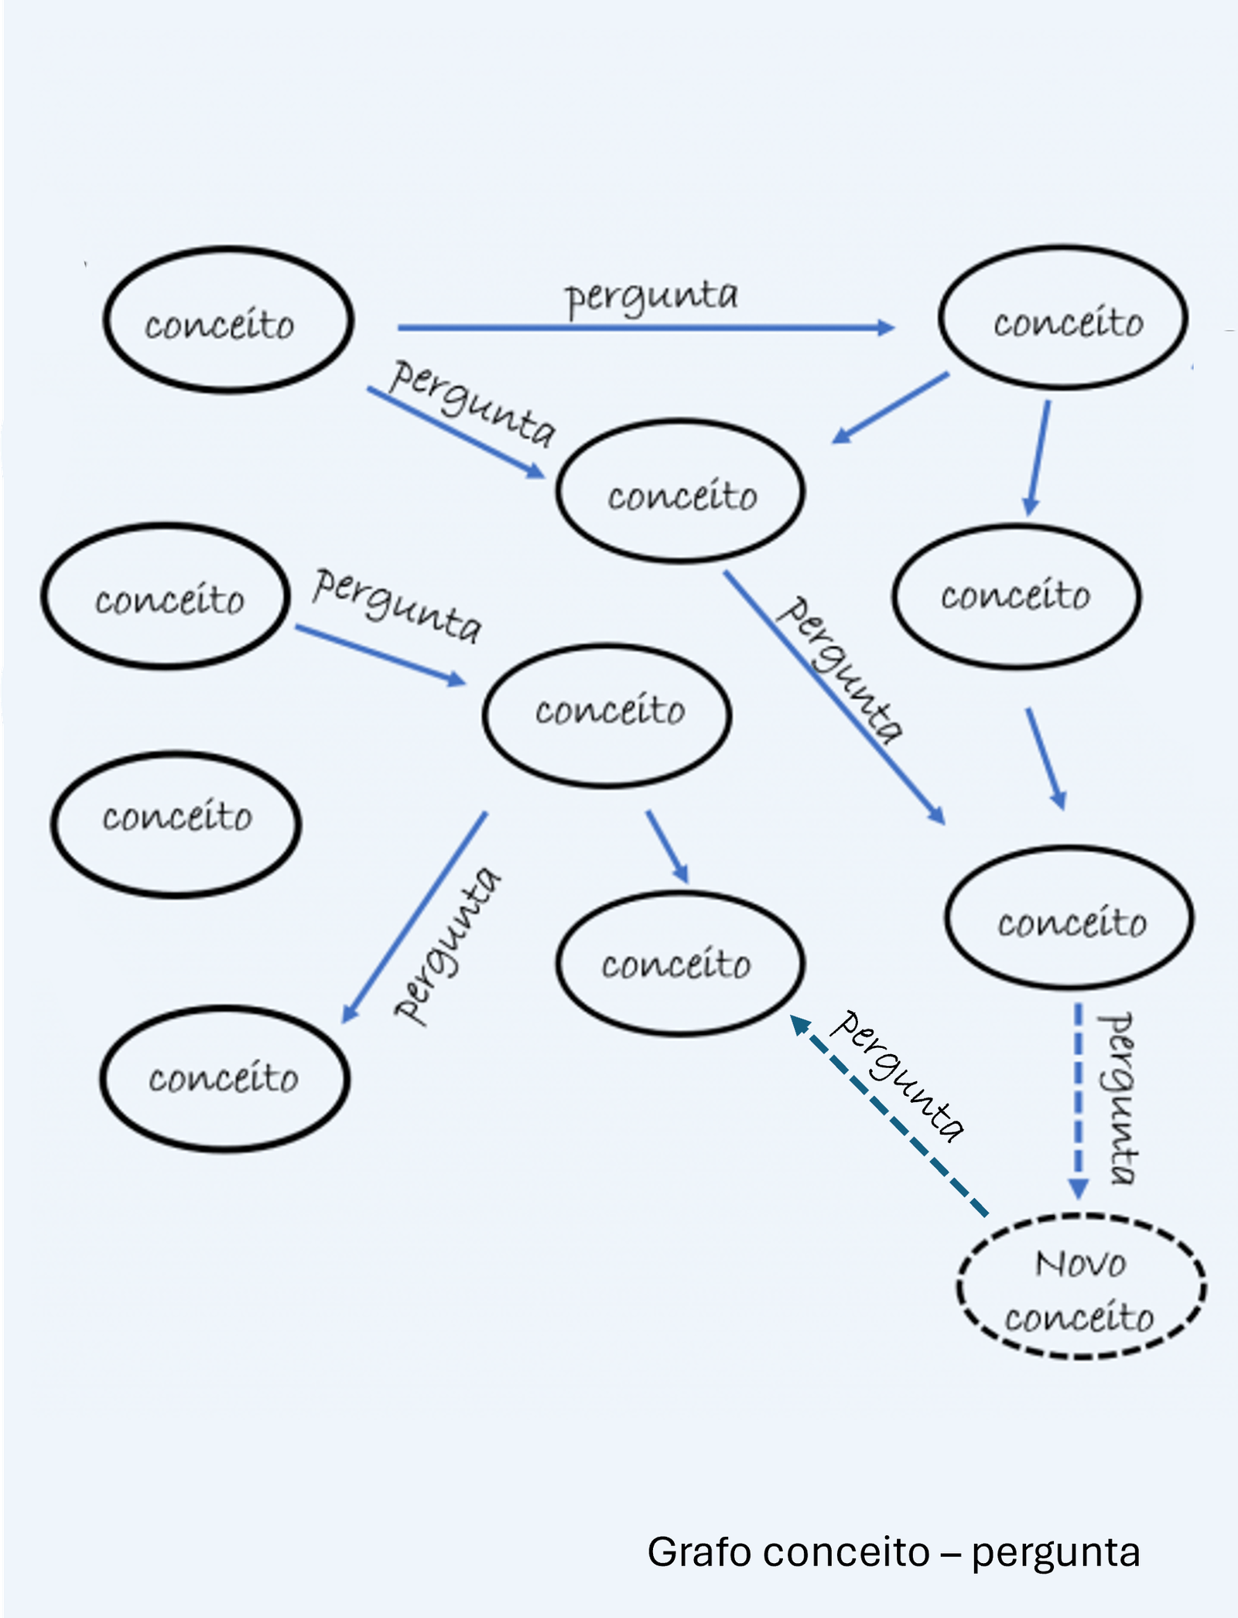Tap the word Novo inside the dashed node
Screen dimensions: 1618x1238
(x=1080, y=1265)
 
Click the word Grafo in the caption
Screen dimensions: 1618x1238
(x=702, y=1552)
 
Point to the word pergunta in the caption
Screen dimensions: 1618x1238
(x=1055, y=1554)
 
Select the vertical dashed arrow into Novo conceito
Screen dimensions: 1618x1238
(x=1078, y=1098)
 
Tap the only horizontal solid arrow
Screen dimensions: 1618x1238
(x=642, y=328)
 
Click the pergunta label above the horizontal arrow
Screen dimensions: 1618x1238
(x=651, y=297)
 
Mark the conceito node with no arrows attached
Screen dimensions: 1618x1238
(x=176, y=824)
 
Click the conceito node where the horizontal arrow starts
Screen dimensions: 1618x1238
(x=228, y=320)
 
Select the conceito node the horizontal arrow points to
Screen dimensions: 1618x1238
(x=1063, y=317)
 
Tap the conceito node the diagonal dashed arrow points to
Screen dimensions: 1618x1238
(x=680, y=964)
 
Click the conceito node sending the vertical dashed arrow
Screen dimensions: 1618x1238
(x=1070, y=919)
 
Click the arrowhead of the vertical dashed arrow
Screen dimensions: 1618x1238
(x=1079, y=1189)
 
